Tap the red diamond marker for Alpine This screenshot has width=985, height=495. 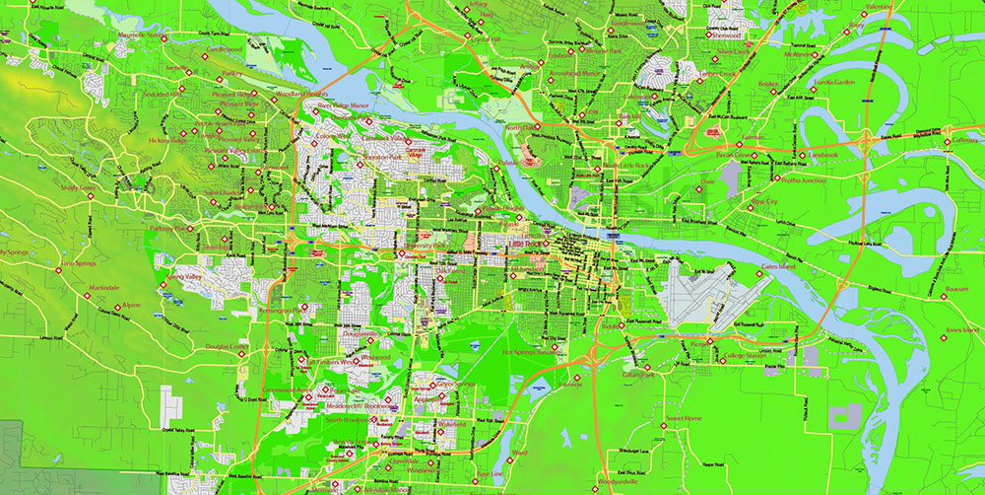[x=119, y=306]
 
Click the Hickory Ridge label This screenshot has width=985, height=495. [x=166, y=140]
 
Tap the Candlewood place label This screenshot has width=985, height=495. [x=225, y=48]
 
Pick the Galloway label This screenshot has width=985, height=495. [x=964, y=140]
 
